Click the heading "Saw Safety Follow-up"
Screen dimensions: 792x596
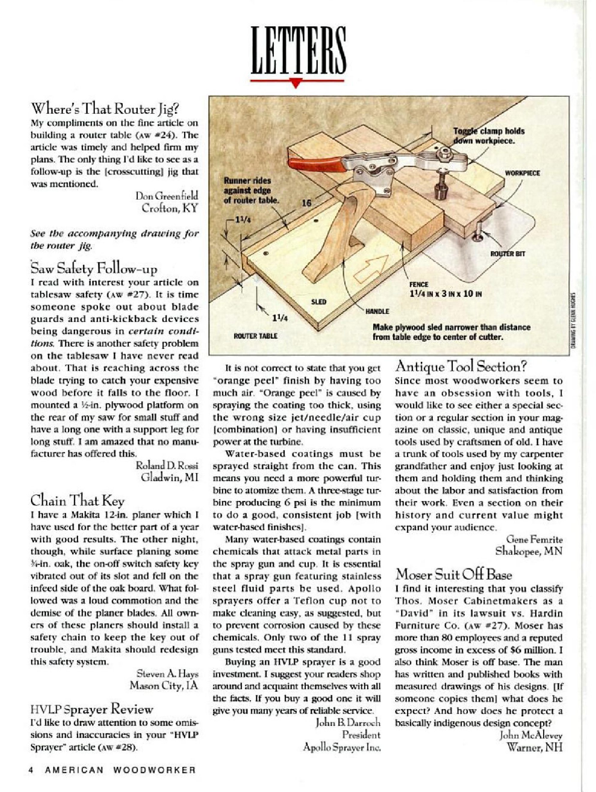(x=94, y=268)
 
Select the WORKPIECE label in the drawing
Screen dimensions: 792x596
(x=522, y=173)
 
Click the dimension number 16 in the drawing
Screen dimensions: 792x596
(x=306, y=203)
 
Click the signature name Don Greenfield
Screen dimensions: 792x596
(x=166, y=196)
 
